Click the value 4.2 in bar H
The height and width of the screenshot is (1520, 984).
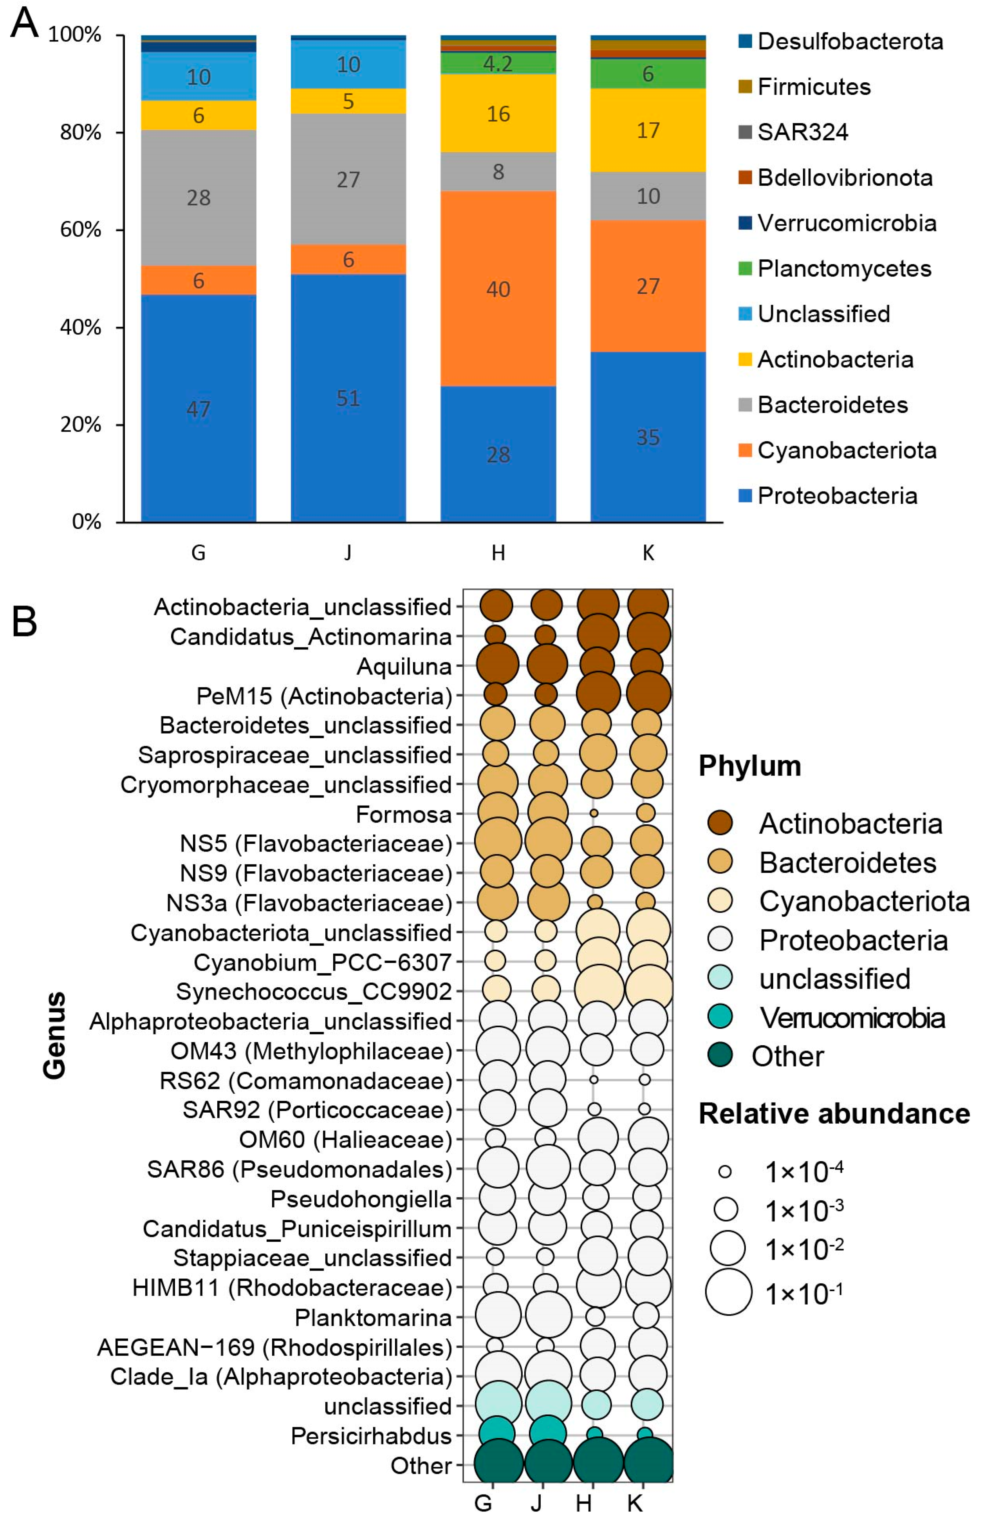pyautogui.click(x=498, y=63)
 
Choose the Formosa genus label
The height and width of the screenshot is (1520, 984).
pyautogui.click(x=404, y=814)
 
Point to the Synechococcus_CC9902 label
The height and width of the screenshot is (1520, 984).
pyautogui.click(x=314, y=992)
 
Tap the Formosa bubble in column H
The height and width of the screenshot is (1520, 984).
pyautogui.click(x=594, y=813)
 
